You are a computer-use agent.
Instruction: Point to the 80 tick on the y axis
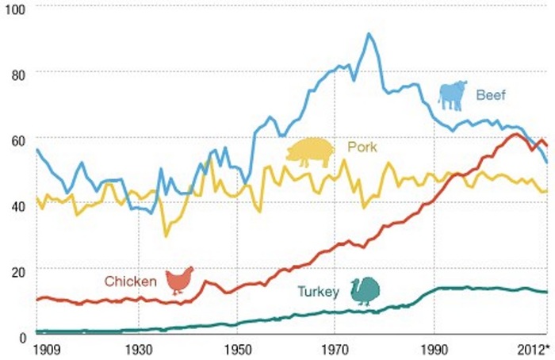point(15,73)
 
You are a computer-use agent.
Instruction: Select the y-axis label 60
point(15,139)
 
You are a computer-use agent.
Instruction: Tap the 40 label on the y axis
point(15,204)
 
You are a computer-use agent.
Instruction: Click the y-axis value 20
point(15,270)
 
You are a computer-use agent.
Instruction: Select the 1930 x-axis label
point(139,350)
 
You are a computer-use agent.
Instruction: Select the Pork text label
point(362,147)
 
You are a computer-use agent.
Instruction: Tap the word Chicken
point(130,280)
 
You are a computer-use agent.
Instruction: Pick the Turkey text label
point(318,292)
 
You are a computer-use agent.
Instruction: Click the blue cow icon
point(453,94)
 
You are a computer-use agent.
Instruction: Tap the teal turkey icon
point(366,291)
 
